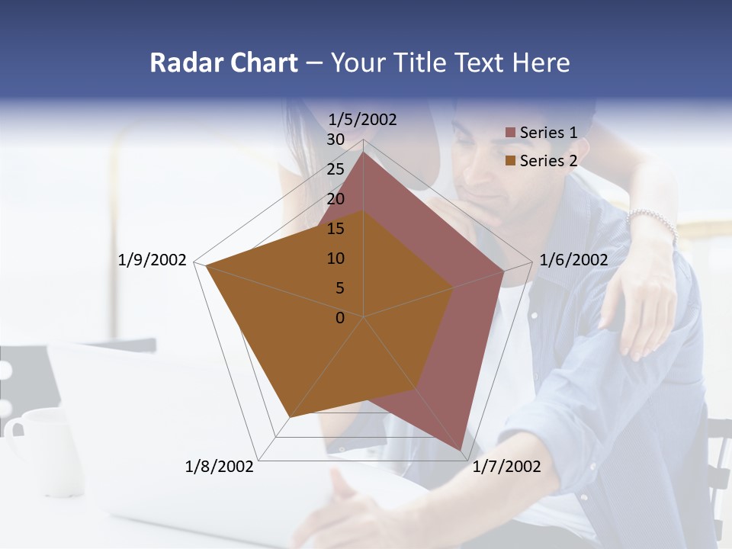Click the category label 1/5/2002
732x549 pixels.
click(x=363, y=119)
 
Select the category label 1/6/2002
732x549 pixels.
click(x=573, y=260)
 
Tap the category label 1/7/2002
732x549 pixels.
click(x=506, y=467)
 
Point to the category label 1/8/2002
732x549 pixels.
click(x=220, y=467)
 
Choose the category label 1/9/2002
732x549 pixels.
click(x=152, y=260)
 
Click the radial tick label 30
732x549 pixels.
click(x=335, y=140)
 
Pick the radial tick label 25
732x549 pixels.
click(x=335, y=169)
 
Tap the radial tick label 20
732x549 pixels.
click(x=335, y=199)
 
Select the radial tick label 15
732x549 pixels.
click(x=335, y=229)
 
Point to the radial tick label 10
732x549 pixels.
click(x=335, y=258)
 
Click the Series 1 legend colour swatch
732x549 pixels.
click(x=510, y=133)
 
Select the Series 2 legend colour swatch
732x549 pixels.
click(x=510, y=161)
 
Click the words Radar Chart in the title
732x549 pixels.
click(x=223, y=63)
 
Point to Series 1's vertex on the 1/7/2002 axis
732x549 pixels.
click(x=461, y=451)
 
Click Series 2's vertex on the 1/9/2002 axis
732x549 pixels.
click(x=206, y=265)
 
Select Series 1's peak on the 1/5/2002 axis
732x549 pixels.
click(x=363, y=152)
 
